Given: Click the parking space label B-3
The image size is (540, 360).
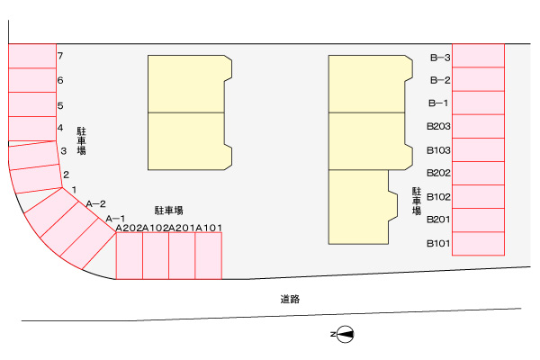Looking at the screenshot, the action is (440, 58).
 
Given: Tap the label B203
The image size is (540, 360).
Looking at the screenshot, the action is (438, 126).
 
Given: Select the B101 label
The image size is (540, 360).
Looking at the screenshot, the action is (438, 244).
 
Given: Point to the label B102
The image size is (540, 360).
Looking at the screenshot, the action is (438, 197).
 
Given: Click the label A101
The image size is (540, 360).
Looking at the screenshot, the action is (209, 228).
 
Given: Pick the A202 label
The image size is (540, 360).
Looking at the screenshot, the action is (129, 228).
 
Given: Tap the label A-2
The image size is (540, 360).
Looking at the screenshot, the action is (95, 204).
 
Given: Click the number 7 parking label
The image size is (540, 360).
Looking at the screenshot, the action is (60, 56).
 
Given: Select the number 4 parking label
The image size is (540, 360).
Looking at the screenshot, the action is (60, 128).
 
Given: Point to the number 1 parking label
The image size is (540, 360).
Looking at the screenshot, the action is (74, 190).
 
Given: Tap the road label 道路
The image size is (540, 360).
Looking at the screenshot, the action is (290, 299).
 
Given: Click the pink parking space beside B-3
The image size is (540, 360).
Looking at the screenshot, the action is (479, 56).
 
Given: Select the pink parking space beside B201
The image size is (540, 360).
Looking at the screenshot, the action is (479, 220).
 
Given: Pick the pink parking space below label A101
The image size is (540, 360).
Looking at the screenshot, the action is (209, 256).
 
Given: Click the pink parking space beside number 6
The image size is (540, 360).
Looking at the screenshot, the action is (32, 80).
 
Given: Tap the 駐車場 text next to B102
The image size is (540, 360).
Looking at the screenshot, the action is (417, 202).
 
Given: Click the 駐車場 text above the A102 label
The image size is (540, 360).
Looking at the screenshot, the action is (169, 211).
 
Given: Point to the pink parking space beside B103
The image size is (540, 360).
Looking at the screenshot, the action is (479, 150).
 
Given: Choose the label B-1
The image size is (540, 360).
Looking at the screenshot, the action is (438, 103).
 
